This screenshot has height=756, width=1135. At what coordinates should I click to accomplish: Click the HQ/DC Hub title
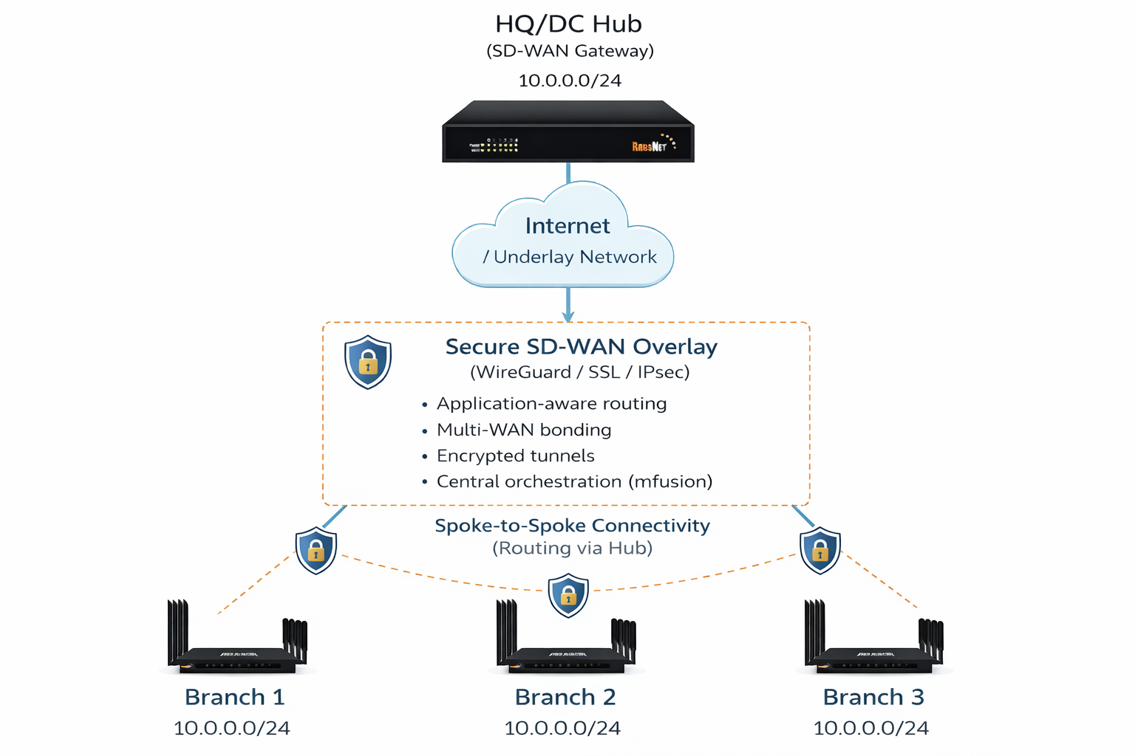click(568, 24)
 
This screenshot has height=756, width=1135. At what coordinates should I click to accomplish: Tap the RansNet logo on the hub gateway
click(650, 146)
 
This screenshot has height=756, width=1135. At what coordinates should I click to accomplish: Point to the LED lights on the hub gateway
click(500, 145)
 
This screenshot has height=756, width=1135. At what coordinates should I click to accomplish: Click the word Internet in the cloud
click(567, 226)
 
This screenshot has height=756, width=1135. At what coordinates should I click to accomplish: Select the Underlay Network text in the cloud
click(575, 257)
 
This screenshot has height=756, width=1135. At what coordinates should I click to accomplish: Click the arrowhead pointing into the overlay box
click(567, 316)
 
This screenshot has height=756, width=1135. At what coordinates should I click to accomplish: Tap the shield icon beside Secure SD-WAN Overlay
click(368, 362)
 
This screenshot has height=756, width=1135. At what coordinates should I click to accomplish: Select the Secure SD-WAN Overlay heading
click(581, 347)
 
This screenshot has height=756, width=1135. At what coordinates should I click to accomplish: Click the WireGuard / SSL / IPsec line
click(580, 372)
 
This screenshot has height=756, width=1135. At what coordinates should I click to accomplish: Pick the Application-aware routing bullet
click(551, 404)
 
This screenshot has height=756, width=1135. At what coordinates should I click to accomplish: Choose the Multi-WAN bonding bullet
click(524, 430)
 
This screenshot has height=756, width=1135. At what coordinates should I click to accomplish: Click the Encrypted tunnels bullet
click(515, 456)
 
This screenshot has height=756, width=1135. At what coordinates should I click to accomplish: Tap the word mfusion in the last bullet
click(670, 481)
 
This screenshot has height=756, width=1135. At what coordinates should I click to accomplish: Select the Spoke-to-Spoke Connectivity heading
click(572, 526)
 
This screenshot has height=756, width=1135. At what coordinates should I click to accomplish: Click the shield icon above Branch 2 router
click(568, 594)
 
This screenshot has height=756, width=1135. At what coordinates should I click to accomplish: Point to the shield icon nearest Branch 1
click(316, 550)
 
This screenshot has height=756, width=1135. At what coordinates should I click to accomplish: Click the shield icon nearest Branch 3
click(820, 550)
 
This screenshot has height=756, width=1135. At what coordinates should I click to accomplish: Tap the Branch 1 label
click(234, 697)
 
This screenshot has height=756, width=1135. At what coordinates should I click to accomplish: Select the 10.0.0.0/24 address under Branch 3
click(870, 728)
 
